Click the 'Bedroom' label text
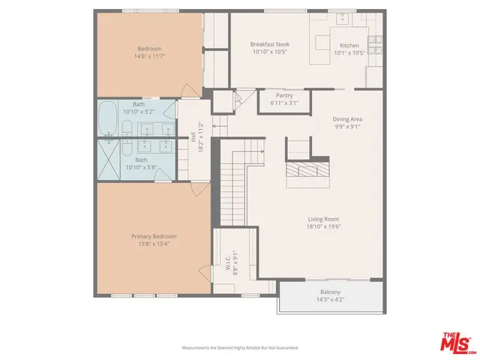148,49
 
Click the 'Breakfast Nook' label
269,45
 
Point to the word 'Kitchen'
349,45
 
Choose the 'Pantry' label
284,95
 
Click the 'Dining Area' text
347,118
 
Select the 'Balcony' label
330,292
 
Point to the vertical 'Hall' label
193,137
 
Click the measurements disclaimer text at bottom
240,347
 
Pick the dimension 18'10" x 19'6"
323,226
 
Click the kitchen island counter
323,41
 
